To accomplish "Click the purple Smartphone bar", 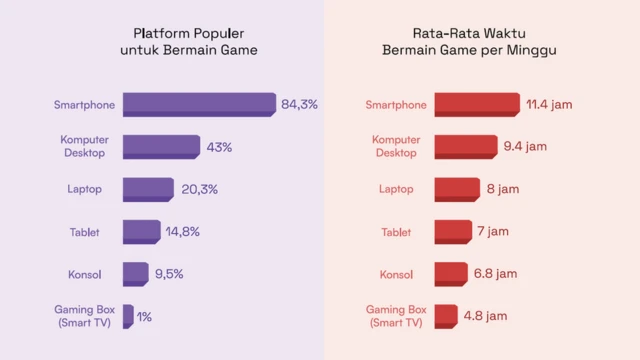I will [199, 104].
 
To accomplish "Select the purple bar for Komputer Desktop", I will [161, 147].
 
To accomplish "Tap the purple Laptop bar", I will [148, 189].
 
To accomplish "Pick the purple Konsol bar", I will [135, 273].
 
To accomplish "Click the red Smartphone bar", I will [477, 104].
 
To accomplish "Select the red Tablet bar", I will [453, 232].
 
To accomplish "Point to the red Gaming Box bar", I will [446, 316].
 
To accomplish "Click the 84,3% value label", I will [299, 104].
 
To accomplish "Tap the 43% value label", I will [219, 147].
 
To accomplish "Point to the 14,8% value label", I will [183, 232].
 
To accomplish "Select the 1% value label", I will [144, 317].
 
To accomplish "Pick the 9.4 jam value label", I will [525, 147].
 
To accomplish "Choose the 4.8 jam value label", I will [485, 316].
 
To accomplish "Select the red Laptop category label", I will [396, 189].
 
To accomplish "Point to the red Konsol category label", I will [396, 274].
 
